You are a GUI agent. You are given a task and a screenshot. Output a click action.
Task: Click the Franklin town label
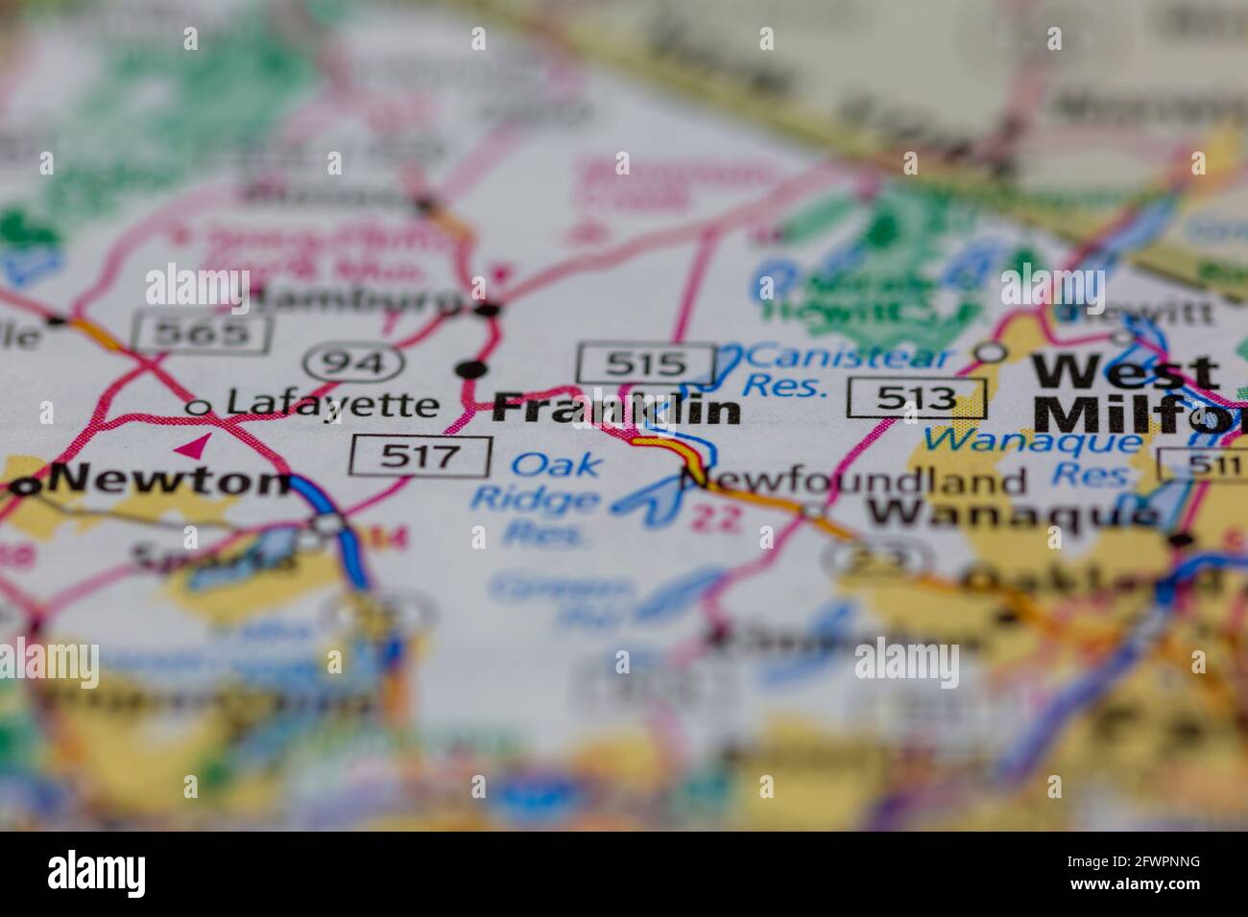click(616, 409)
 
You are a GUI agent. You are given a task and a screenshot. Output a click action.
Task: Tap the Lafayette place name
click(331, 405)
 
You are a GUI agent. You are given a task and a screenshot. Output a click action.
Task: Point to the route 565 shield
click(203, 333)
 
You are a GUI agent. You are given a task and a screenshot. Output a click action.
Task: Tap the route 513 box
click(917, 398)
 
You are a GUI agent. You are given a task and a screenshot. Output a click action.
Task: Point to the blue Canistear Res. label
click(850, 370)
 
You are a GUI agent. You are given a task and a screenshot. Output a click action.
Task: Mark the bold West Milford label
click(1133, 393)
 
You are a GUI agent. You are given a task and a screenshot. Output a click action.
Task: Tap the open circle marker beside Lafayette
click(199, 408)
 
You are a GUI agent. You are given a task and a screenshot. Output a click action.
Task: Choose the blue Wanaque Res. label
click(1032, 456)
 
